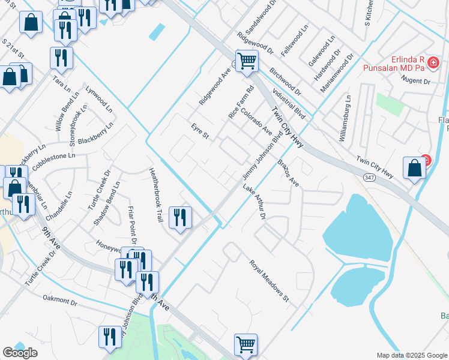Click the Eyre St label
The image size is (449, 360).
point(200,132)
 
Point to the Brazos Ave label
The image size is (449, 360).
point(288,173)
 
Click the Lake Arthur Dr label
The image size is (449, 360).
point(254,201)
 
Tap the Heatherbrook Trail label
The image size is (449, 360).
point(155,195)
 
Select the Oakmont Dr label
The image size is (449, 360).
point(61,300)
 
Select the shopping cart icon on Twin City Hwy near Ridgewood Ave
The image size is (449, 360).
point(247,61)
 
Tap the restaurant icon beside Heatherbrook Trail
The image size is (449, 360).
point(180,217)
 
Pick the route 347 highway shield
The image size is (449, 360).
point(369,177)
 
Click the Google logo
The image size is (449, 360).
point(20,353)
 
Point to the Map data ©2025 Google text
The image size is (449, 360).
point(412,355)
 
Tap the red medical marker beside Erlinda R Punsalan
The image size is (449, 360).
point(433,62)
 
